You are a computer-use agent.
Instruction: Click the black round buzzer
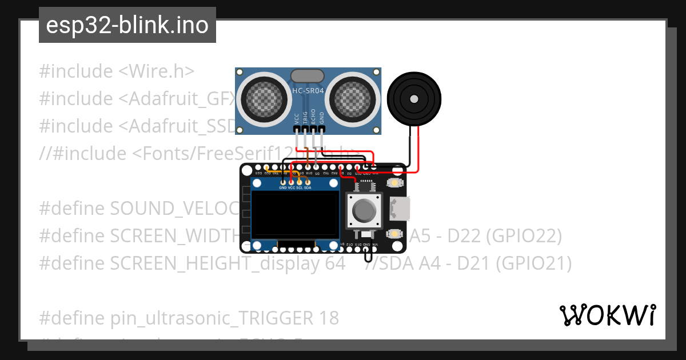click(414, 98)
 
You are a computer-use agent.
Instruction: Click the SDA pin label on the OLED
click(308, 187)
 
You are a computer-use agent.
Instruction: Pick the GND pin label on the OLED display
click(283, 187)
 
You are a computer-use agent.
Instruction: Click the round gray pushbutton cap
click(364, 211)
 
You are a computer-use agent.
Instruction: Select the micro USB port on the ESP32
click(399, 209)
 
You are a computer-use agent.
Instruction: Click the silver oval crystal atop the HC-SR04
click(308, 76)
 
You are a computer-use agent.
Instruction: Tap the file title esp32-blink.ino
click(127, 25)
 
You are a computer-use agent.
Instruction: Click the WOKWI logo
click(607, 315)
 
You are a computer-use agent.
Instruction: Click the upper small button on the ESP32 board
click(394, 183)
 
